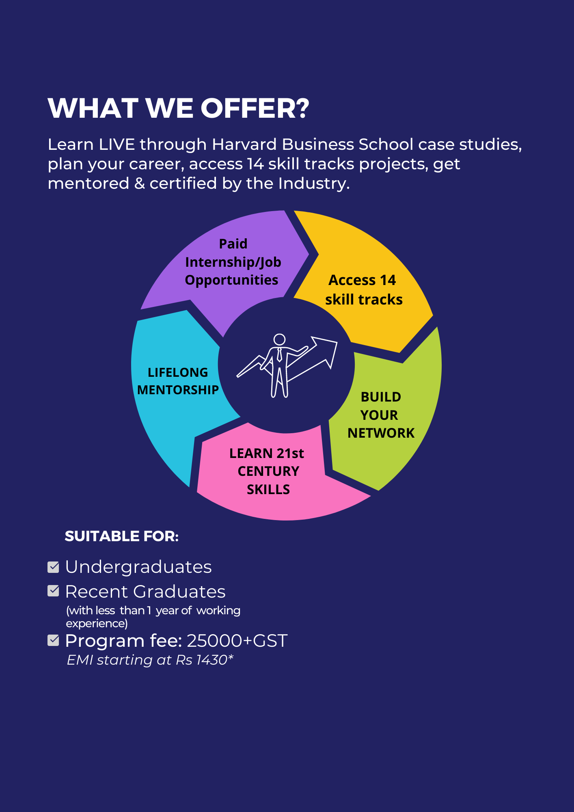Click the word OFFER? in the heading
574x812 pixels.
tap(255, 109)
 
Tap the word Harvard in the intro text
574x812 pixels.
tap(245, 145)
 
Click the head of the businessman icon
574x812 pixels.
tap(279, 339)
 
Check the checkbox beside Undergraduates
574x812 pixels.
tap(53, 567)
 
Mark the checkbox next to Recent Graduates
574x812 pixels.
tap(53, 591)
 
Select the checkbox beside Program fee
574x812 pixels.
tap(53, 640)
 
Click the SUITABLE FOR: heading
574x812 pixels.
tap(121, 536)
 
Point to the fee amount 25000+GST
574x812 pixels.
tap(237, 641)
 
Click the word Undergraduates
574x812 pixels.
tap(138, 567)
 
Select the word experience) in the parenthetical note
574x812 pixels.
tap(97, 623)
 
